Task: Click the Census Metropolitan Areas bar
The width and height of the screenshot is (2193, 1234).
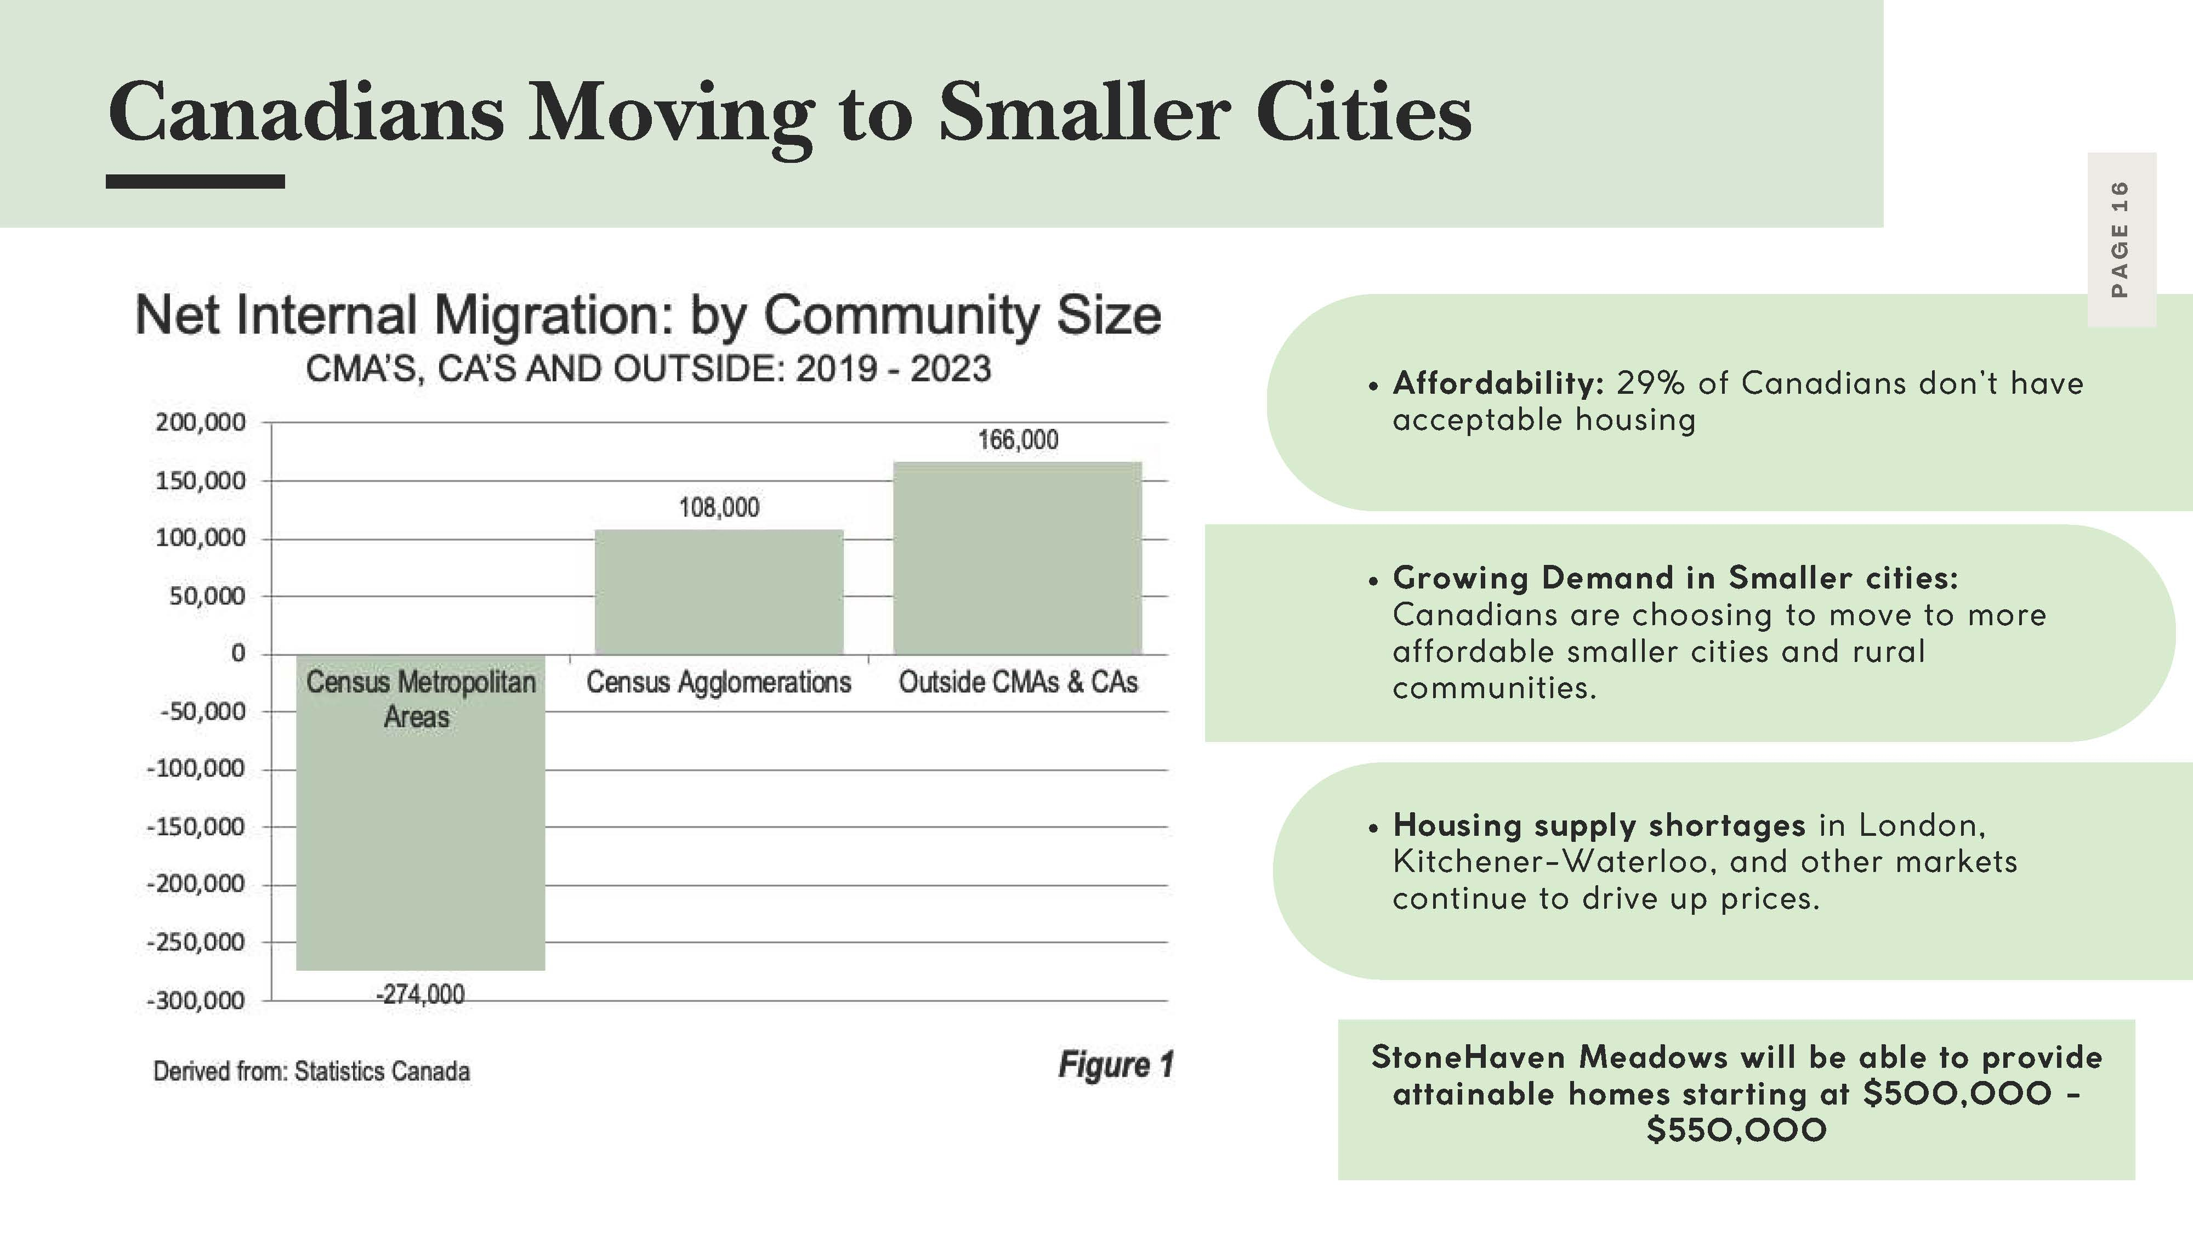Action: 421,812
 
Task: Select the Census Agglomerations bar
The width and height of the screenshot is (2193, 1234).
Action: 719,592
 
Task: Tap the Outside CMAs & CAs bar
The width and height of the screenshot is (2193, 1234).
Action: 1018,558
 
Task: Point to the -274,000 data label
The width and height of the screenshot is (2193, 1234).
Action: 421,994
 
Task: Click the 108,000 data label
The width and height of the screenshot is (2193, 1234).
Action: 719,507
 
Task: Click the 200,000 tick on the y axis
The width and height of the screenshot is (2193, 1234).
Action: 200,422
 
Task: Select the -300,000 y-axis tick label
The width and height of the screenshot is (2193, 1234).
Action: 196,1001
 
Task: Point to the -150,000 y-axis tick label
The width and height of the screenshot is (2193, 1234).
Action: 196,827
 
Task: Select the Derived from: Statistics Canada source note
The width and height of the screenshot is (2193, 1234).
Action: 311,1071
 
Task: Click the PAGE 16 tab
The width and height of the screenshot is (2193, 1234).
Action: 2122,239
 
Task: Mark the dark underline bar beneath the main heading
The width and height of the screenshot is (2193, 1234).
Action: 195,182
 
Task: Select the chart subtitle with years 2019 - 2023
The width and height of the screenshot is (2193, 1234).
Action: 648,369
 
